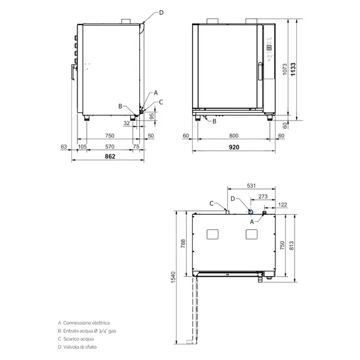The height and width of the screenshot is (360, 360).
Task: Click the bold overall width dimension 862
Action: pyautogui.click(x=110, y=156)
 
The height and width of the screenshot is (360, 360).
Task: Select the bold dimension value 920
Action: pyautogui.click(x=233, y=147)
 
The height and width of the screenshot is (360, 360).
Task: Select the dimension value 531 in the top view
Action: pyautogui.click(x=251, y=186)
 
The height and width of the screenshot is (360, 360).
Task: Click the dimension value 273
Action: pyautogui.click(x=262, y=196)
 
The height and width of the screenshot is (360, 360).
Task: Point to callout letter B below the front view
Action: pyautogui.click(x=215, y=121)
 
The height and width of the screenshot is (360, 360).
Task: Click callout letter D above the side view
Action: pyautogui.click(x=160, y=12)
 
